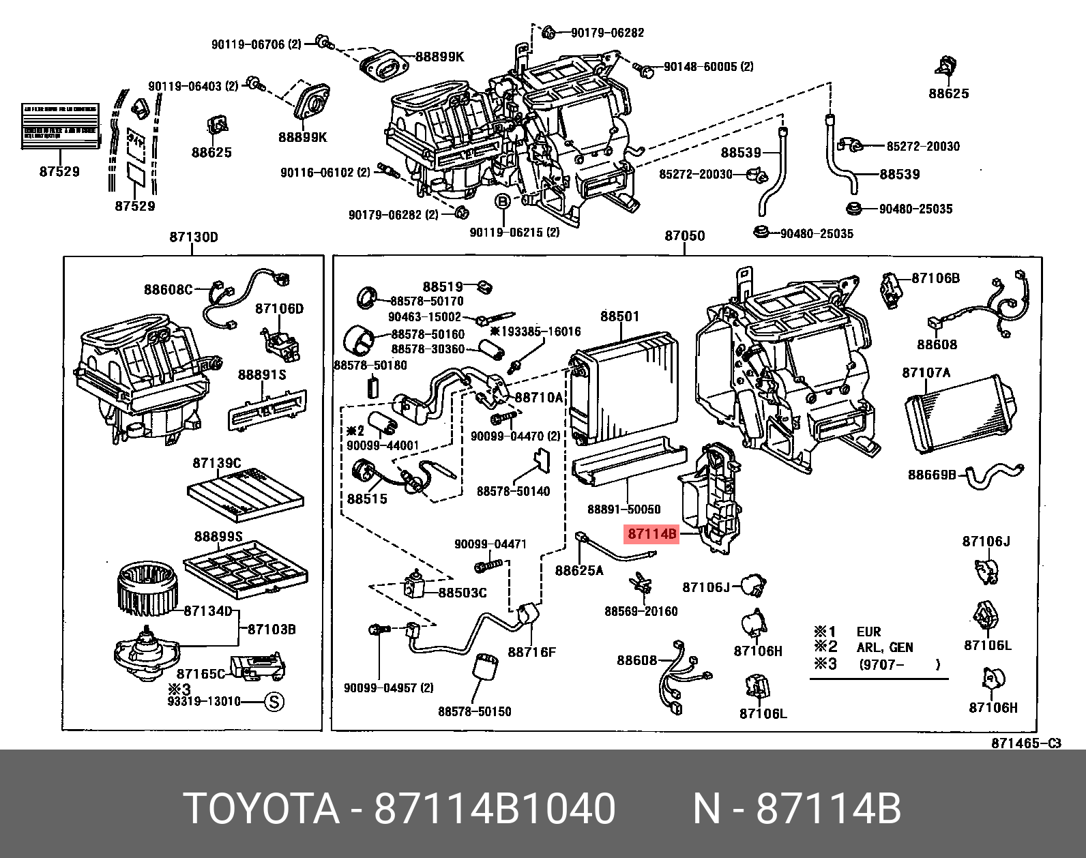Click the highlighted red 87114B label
coord(651,534)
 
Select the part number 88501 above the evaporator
coord(620,316)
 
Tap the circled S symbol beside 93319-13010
coord(274,702)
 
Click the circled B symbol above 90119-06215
coord(502,202)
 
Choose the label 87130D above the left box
coord(193,237)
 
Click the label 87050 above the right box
coord(685,236)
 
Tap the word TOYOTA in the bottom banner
coord(261,810)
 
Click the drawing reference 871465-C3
coord(1026,743)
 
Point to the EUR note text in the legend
coord(868,632)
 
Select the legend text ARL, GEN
coord(884,648)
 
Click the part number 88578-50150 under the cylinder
coord(475,712)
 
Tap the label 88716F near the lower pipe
coord(531,652)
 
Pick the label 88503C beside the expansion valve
coord(462,593)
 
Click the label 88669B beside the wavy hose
coord(932,475)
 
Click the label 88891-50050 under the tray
coord(623,509)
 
